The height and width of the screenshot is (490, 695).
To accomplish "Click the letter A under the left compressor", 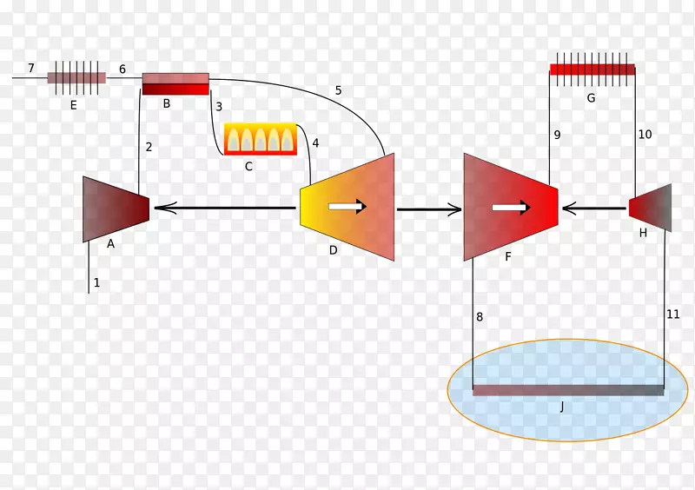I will point(110,244).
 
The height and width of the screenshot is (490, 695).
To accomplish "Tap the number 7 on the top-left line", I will point(31,68).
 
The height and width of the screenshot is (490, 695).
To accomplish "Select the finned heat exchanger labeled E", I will point(76,77).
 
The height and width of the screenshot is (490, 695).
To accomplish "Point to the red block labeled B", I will point(175,83).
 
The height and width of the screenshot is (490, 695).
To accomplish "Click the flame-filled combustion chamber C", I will point(260,139).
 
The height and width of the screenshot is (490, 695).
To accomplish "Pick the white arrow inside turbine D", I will point(347,206).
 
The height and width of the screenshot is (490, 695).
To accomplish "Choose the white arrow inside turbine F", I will point(511,208).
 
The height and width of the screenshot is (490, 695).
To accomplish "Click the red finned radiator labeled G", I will point(592,70).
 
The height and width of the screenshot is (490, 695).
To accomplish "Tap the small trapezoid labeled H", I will point(650,208).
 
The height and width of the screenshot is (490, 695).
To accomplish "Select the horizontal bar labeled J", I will point(568,390).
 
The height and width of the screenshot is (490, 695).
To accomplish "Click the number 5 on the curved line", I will point(338,90).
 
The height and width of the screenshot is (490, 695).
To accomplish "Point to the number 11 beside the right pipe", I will point(672,314).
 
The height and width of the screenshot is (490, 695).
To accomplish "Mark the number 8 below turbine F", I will point(480,317).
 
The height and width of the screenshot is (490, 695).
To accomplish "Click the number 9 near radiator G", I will point(557,135).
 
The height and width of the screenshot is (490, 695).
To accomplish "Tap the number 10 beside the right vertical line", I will point(645,135).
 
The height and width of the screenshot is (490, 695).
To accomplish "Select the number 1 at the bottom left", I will point(96,282).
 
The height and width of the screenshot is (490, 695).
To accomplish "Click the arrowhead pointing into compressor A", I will point(162,208).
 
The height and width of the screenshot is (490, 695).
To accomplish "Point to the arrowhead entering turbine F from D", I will point(454,209).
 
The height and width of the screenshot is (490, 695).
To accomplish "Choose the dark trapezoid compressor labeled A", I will point(115,209).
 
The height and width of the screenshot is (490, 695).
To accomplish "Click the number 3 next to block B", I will point(219,106).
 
